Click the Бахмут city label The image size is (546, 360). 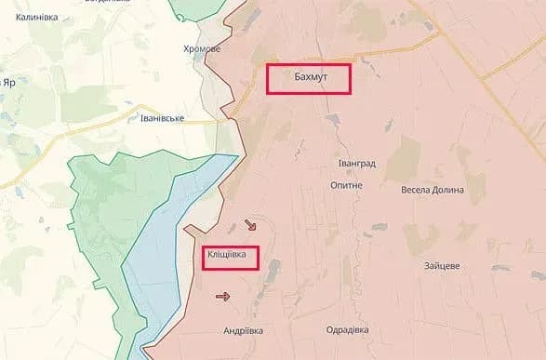coord(308,78)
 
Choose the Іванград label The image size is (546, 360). coord(356,164)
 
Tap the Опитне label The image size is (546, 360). coord(347,185)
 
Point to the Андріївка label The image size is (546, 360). coord(244,330)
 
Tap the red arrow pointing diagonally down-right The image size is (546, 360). coord(251,225)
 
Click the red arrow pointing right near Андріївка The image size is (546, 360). coord(223,297)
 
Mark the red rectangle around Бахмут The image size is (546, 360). coord(308,64)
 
